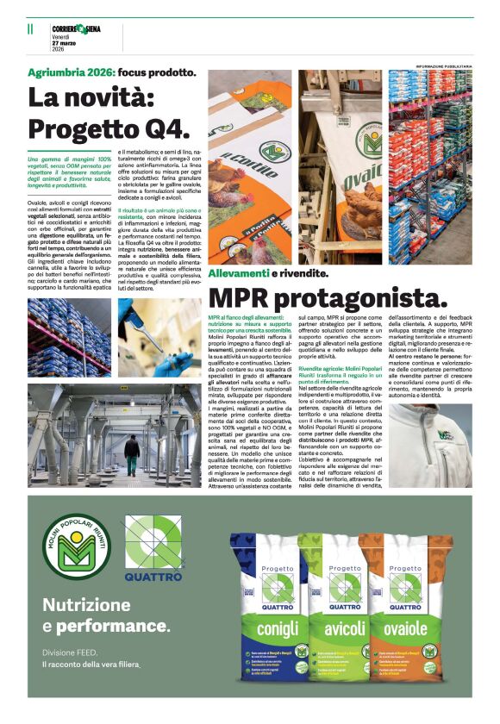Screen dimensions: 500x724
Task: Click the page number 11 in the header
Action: coord(30,28)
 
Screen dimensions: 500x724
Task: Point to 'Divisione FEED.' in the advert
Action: coord(70,651)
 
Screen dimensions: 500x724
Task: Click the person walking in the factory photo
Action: coord(131,452)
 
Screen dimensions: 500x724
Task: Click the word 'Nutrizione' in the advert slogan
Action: coord(86,604)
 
